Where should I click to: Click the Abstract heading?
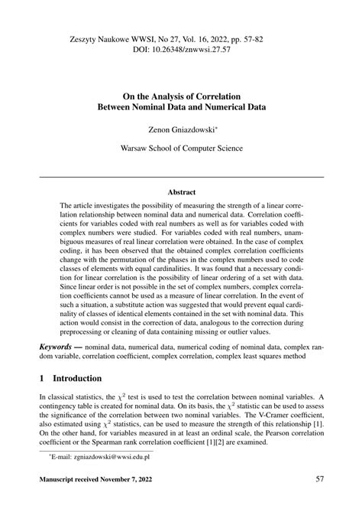coord(181,191)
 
